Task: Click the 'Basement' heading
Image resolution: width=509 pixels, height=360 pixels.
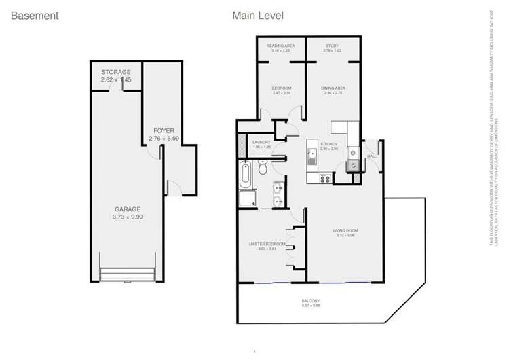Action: (x=35, y=15)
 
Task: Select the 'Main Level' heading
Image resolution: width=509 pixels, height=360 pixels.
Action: (x=258, y=15)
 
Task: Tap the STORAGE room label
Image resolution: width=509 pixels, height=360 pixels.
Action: (x=116, y=72)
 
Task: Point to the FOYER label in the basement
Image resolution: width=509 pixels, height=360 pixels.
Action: (x=164, y=130)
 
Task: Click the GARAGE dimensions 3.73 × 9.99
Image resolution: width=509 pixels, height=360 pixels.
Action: (x=128, y=217)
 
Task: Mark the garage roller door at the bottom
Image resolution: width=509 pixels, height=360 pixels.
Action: (x=130, y=276)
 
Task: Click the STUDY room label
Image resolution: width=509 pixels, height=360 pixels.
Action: (x=332, y=46)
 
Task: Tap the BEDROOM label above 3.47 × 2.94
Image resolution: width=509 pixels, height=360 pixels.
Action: (x=282, y=88)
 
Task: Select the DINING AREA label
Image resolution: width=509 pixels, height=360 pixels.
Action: (x=333, y=88)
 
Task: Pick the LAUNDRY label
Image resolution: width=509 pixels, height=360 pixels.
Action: (x=261, y=142)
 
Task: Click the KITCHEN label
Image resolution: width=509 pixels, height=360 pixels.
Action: (x=329, y=144)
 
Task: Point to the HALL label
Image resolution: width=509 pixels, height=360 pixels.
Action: (x=371, y=156)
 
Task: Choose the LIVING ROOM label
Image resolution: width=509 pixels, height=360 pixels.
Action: (x=345, y=231)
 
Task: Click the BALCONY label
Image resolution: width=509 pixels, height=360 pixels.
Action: (x=311, y=301)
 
